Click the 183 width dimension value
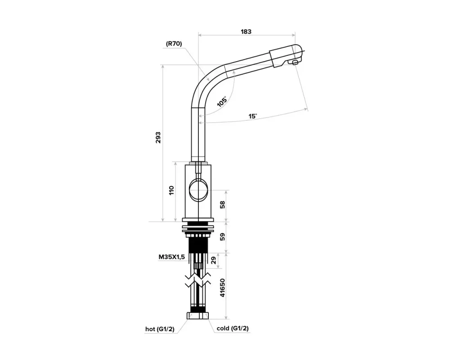click(246, 31)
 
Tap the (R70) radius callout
click(174, 44)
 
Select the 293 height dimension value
click(158, 138)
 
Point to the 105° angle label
click(222, 101)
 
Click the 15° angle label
click(252, 116)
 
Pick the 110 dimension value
click(171, 190)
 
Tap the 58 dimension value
click(222, 204)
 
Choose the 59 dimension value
click(222, 237)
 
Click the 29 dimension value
click(214, 261)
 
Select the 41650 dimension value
click(222, 288)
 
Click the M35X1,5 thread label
click(171, 257)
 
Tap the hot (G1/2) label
click(160, 329)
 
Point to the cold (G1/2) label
click(233, 328)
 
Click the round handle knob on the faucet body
click(198, 190)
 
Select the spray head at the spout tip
click(286, 55)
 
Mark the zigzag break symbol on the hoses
click(198, 280)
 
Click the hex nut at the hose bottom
click(198, 315)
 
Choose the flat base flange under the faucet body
click(198, 220)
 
